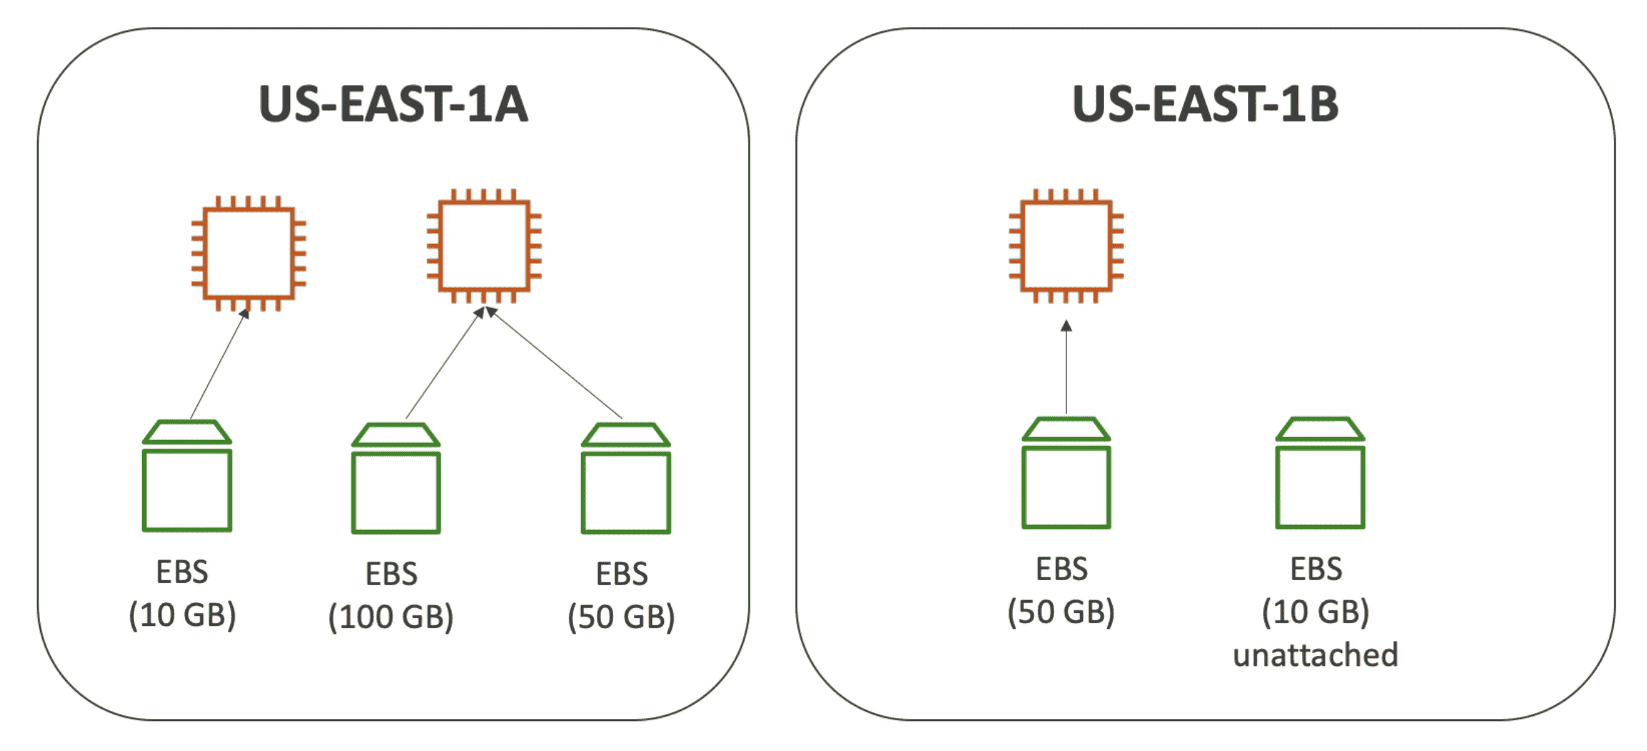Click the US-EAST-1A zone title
coord(393,104)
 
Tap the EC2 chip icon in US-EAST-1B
coord(1066,245)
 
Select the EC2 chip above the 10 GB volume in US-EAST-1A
coord(249,253)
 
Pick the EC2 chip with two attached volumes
coord(484,245)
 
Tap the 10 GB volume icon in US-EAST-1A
coord(187,476)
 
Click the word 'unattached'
coord(1315,655)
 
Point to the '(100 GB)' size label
coord(391,618)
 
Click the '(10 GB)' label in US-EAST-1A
coord(182,615)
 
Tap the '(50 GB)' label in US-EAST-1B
coord(1061,612)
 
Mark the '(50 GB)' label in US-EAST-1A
coord(621,618)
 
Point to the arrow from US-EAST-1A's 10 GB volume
coord(218,364)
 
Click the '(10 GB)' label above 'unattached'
coord(1315,612)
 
